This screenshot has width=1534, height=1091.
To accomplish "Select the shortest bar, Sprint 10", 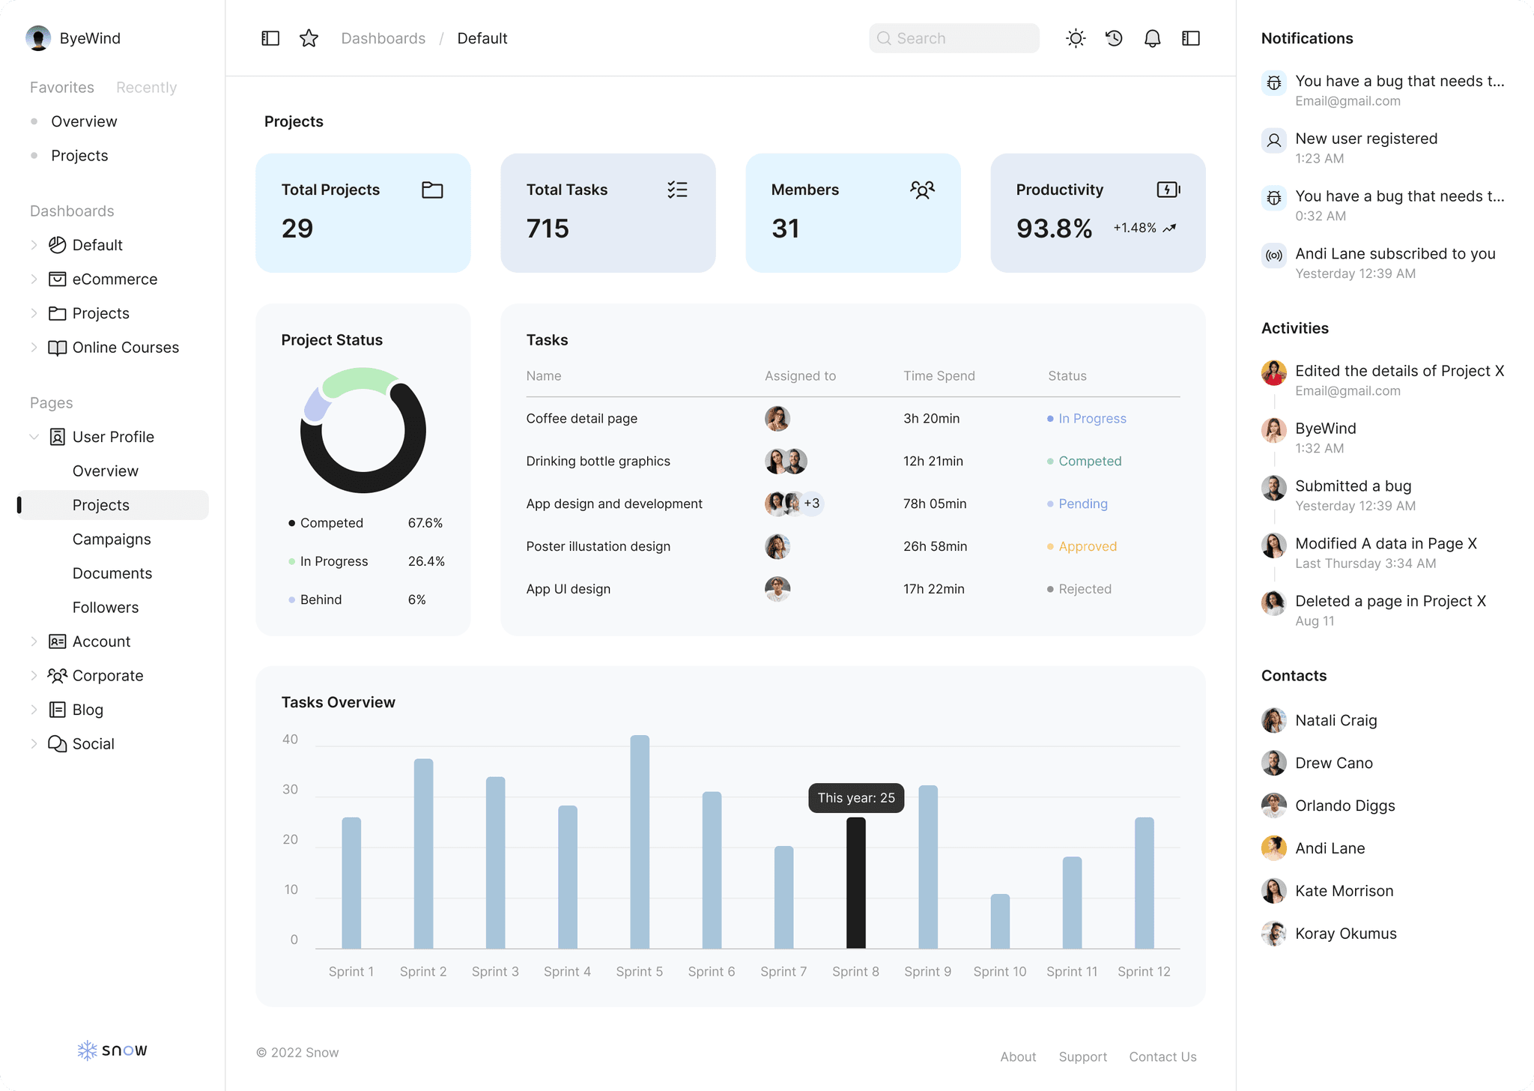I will (999, 922).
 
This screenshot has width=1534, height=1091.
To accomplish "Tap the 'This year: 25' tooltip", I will (855, 798).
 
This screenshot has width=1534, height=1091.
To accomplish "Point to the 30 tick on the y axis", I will (290, 789).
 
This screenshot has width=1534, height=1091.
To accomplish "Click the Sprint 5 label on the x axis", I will (639, 971).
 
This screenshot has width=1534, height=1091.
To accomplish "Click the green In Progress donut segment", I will (357, 380).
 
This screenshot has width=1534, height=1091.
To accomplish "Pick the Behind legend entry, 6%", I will (321, 599).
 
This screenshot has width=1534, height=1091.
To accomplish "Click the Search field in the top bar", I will (954, 38).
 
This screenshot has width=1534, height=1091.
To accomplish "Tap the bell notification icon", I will (1152, 38).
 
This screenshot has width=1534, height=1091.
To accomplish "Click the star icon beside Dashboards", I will (309, 38).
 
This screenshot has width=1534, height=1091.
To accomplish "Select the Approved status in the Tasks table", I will (1087, 546).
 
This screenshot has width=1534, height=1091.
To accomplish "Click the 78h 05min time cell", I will (934, 504).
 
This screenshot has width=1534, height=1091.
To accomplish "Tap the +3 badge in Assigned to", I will (812, 504).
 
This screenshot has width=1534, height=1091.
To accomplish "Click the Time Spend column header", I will (939, 375).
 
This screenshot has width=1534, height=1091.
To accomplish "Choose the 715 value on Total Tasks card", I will (548, 229).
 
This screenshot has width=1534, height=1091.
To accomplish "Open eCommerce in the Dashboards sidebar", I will (115, 279).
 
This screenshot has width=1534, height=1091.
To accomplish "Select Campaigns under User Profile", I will (112, 539).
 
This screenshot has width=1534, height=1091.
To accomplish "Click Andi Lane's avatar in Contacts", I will (1273, 848).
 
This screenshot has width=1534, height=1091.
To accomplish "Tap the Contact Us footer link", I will (1162, 1057).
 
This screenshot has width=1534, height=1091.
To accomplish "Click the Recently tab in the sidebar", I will (146, 87).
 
